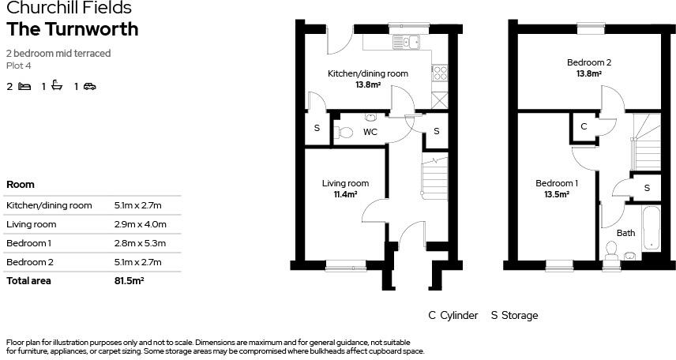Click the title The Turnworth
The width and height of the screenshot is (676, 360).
tap(72, 30)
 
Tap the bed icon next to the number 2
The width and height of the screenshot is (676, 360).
tap(24, 86)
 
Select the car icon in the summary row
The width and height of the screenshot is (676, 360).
tap(90, 86)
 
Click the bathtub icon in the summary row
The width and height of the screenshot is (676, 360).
tap(57, 86)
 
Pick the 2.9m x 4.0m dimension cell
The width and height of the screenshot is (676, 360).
tap(140, 224)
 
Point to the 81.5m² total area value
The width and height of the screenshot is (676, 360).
tap(129, 280)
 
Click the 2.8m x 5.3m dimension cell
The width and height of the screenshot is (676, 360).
tap(140, 243)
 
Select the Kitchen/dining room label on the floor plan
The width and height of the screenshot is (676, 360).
tap(368, 74)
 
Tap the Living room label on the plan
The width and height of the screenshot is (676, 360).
tap(345, 183)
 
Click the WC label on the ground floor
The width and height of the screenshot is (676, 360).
tap(370, 133)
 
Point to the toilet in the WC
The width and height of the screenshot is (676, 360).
tap(342, 133)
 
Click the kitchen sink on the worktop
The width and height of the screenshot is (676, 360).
tap(409, 43)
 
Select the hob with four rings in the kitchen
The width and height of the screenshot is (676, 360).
tap(440, 73)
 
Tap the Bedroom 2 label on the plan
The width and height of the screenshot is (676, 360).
tap(588, 62)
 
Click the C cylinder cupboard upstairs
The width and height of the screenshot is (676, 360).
tap(584, 126)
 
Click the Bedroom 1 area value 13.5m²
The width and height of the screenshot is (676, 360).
tap(557, 194)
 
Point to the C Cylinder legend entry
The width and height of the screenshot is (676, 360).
tap(453, 316)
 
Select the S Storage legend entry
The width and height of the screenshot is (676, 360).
tap(514, 316)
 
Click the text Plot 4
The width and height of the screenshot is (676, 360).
tap(18, 66)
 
